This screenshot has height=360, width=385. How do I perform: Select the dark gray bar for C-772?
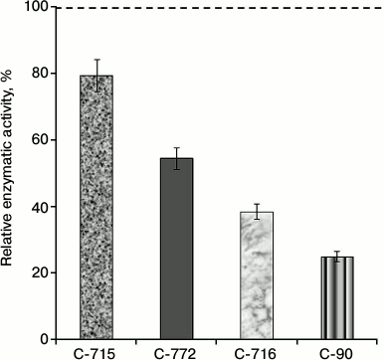click(x=176, y=248)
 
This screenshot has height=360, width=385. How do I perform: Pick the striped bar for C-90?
click(x=336, y=297)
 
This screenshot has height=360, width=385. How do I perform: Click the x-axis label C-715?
click(x=96, y=351)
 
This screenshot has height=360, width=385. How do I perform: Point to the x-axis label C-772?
click(x=176, y=351)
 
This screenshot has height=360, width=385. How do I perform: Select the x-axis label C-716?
click(x=257, y=351)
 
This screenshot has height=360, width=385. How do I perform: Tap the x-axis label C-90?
click(x=336, y=351)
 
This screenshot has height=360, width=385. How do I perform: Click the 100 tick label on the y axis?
click(x=40, y=8)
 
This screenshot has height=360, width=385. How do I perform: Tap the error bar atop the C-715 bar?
click(x=96, y=75)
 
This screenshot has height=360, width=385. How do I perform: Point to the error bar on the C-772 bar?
click(x=176, y=158)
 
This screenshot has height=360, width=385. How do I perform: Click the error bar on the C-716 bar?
click(x=257, y=211)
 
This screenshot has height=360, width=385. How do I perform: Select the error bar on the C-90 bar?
click(x=336, y=257)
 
